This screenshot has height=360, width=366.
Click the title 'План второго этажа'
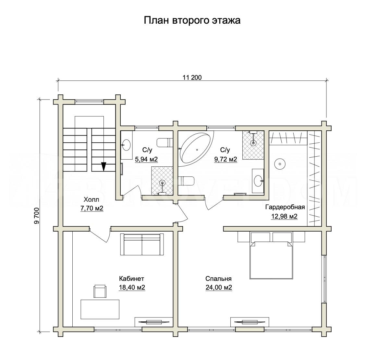point(192,20)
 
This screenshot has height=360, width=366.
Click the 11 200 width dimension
point(192,78)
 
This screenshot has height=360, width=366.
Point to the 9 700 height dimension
point(37,216)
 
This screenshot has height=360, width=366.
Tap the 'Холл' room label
point(91,199)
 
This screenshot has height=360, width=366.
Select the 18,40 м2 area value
point(132,287)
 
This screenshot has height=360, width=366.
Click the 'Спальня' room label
point(218,279)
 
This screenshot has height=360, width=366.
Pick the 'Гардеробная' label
point(285,207)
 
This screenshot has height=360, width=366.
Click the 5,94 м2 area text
point(146,159)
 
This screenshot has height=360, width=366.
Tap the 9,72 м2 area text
point(226,159)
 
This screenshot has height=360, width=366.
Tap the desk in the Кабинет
point(100,309)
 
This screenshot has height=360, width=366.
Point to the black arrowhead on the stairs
point(104,167)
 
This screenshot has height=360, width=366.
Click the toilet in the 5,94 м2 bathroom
point(165,143)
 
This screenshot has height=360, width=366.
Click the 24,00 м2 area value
point(219,287)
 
